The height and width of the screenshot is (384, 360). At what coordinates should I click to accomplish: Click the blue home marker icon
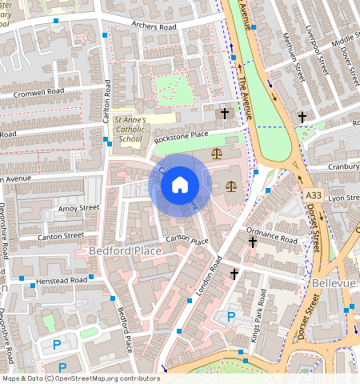pos(180,186)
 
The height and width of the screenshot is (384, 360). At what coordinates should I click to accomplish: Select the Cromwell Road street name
pos(38,92)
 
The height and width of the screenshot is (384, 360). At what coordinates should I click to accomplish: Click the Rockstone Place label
pos(181,137)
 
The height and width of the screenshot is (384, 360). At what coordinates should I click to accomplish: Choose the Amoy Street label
pos(78,208)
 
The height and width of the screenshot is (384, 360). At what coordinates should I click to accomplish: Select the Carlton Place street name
pos(187,240)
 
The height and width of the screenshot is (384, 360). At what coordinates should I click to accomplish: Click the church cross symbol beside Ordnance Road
pos(253,241)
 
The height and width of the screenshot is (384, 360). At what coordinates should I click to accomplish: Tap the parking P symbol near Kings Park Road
pos(231,316)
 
